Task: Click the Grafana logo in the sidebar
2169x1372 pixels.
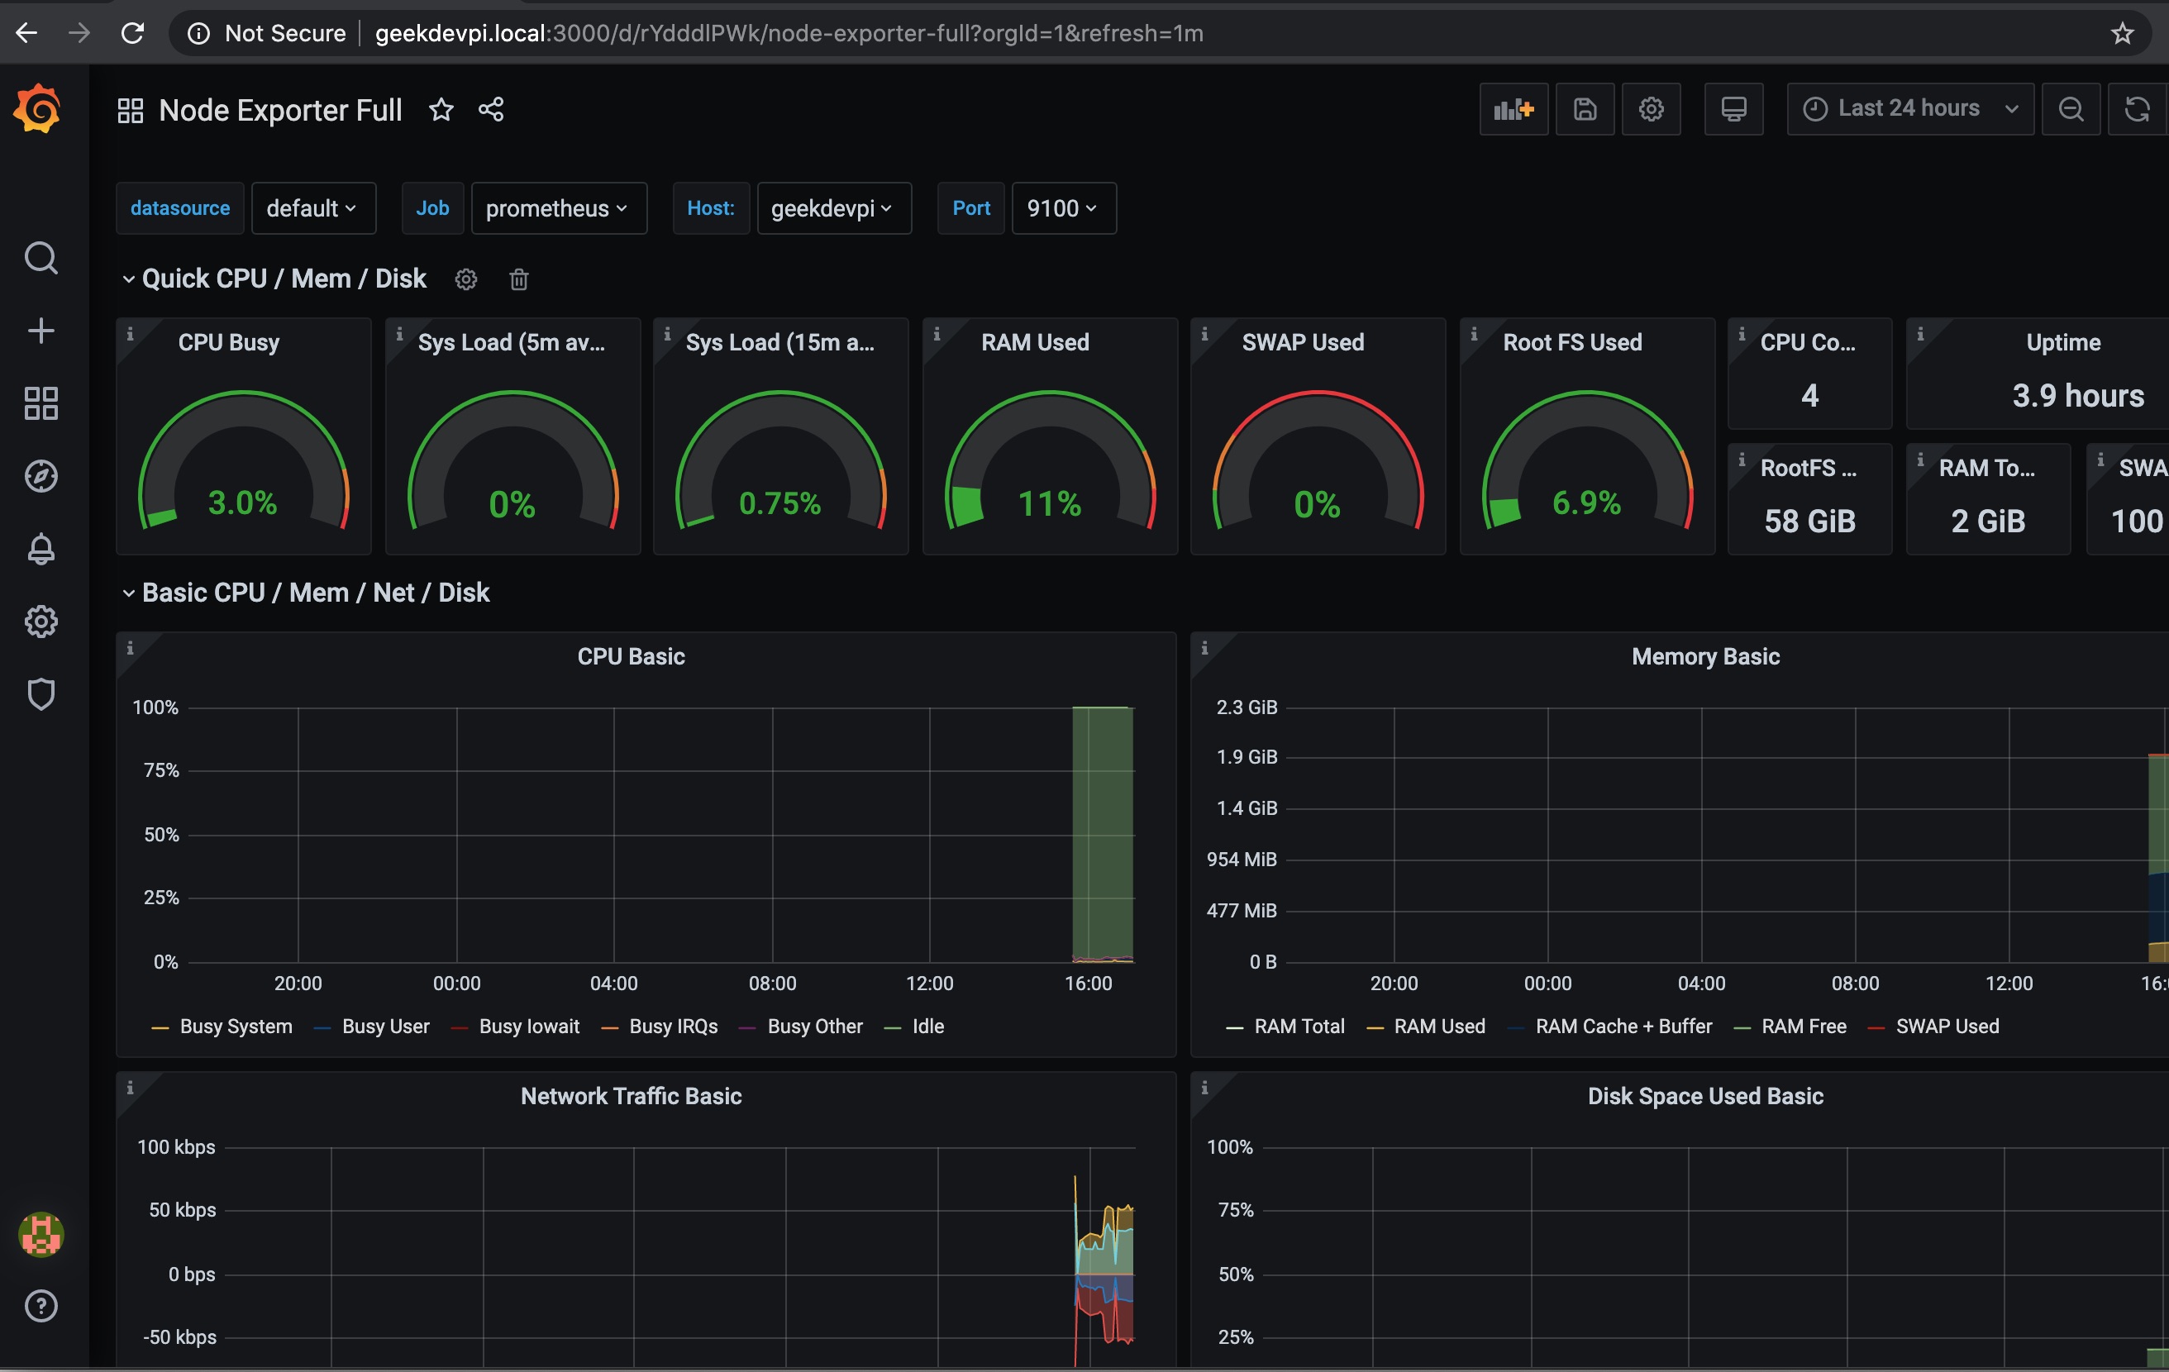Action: pos(37,109)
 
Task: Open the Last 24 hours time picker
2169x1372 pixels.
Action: pos(1908,109)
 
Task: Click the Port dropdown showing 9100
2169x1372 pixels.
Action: pos(1062,208)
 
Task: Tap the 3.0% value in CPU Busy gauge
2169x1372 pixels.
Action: pos(242,503)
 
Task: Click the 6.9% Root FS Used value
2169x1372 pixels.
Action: pos(1586,503)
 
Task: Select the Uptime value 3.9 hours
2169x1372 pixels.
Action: pos(2077,395)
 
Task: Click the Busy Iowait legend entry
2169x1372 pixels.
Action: pos(529,1026)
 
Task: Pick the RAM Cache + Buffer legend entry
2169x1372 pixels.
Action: pos(1623,1026)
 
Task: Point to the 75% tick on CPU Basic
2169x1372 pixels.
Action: pos(161,770)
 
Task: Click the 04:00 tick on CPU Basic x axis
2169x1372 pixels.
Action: pos(613,983)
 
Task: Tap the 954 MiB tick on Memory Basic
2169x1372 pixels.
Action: pos(1242,860)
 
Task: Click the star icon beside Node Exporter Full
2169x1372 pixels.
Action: pos(441,110)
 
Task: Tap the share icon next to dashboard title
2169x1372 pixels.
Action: pos(491,110)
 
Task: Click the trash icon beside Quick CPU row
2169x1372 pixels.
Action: pos(519,279)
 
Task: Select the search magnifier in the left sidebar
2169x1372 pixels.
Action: pos(41,259)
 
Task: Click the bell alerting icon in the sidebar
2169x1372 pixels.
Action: pos(41,549)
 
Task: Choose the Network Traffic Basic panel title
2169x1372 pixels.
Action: pos(631,1095)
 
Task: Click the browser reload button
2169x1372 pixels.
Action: pos(133,33)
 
